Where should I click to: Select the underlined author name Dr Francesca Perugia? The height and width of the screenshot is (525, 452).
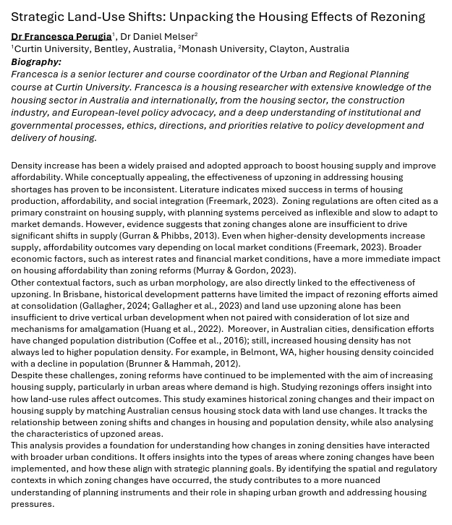click(x=61, y=36)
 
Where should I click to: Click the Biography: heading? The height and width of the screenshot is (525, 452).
click(x=36, y=61)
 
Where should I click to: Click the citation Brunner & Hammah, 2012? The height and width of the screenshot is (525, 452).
click(x=182, y=364)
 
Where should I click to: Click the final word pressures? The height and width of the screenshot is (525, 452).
click(x=32, y=504)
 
